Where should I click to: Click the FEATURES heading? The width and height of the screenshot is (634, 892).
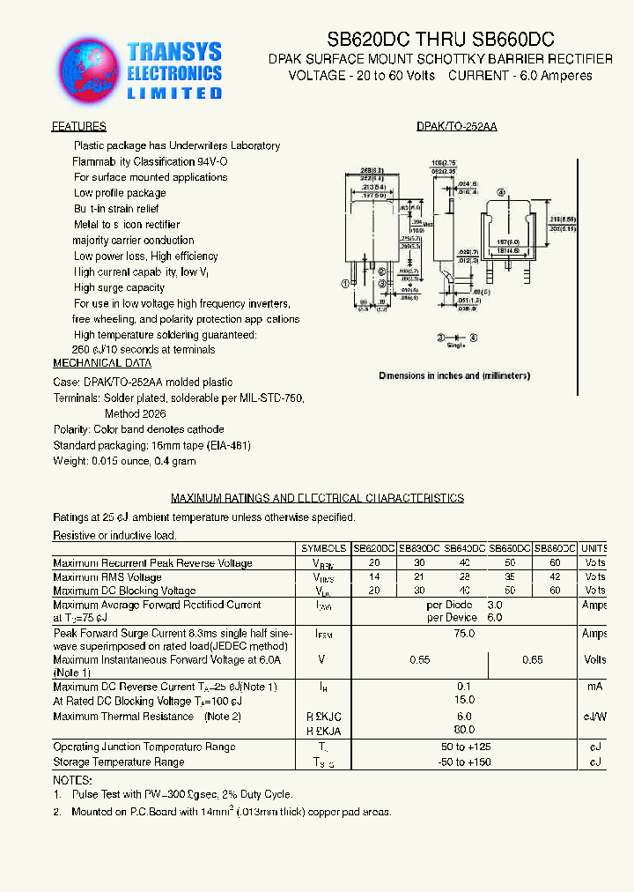click(78, 127)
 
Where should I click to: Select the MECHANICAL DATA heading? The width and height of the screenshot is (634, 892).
click(102, 363)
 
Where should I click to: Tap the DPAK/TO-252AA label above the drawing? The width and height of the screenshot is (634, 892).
click(456, 127)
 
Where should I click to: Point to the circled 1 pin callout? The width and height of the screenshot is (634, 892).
click(346, 284)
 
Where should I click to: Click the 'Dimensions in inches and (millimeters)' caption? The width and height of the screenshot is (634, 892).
click(454, 375)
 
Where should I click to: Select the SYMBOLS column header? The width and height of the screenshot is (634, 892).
click(323, 547)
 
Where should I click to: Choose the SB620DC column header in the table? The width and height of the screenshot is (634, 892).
click(374, 547)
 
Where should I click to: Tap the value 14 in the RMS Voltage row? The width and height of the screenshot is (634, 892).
click(374, 577)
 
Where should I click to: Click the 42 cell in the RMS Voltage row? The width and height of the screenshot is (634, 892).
click(555, 577)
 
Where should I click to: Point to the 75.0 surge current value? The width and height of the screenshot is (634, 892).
click(463, 633)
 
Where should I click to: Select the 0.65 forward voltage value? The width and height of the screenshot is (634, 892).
click(533, 659)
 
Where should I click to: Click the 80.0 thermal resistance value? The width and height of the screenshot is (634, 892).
click(463, 730)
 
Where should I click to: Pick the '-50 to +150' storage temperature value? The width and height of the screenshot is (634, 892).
click(463, 762)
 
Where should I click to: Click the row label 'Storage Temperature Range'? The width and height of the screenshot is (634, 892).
click(119, 762)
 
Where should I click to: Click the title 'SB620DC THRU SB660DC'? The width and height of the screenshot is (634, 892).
click(440, 40)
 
